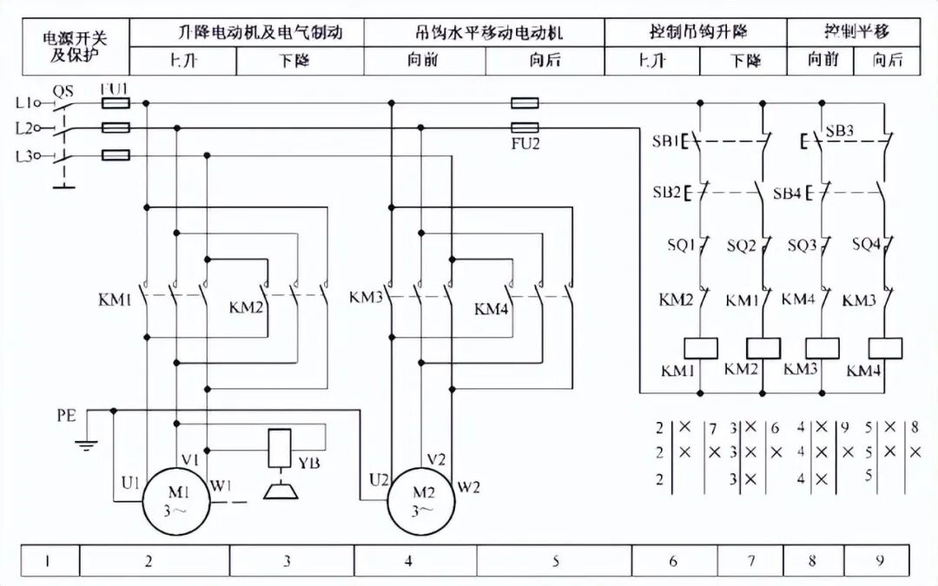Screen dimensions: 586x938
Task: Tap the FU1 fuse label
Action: (x=115, y=89)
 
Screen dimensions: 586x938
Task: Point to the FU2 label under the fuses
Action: (x=525, y=143)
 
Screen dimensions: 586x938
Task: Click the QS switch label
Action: (x=63, y=89)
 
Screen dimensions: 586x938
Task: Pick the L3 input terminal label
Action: (x=24, y=156)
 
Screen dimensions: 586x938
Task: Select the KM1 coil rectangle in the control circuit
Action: (x=701, y=347)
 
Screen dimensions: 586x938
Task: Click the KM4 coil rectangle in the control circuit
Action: (x=884, y=347)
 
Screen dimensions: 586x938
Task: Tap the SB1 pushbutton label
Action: (x=664, y=140)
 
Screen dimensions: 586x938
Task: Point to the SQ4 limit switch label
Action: (x=866, y=244)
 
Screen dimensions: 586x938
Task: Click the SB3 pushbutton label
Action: (x=840, y=131)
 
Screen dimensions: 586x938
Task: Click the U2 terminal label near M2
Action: (x=379, y=478)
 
